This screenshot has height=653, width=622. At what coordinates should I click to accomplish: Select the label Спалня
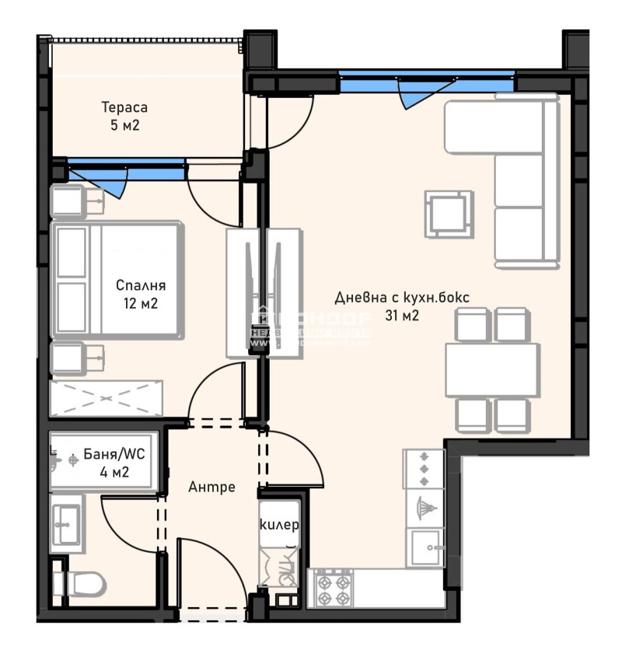pos(141,285)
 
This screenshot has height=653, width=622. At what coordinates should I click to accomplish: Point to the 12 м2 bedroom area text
pos(141,303)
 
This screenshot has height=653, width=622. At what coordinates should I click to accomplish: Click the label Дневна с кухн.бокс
pos(402,298)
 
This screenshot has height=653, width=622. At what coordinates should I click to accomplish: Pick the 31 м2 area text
pos(402,316)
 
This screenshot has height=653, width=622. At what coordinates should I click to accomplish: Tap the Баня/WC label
pos(106,456)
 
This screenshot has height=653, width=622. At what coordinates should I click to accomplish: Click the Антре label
pos(211,487)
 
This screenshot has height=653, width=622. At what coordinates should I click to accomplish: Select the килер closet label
pos(279,525)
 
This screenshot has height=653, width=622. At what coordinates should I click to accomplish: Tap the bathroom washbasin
pos(65,525)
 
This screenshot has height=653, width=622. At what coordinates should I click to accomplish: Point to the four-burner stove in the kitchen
pos(332,588)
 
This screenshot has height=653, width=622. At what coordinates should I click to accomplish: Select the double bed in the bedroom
pos(117,280)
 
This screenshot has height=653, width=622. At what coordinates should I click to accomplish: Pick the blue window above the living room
pos(427,78)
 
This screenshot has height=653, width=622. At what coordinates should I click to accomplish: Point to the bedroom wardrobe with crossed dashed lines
pos(106,397)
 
